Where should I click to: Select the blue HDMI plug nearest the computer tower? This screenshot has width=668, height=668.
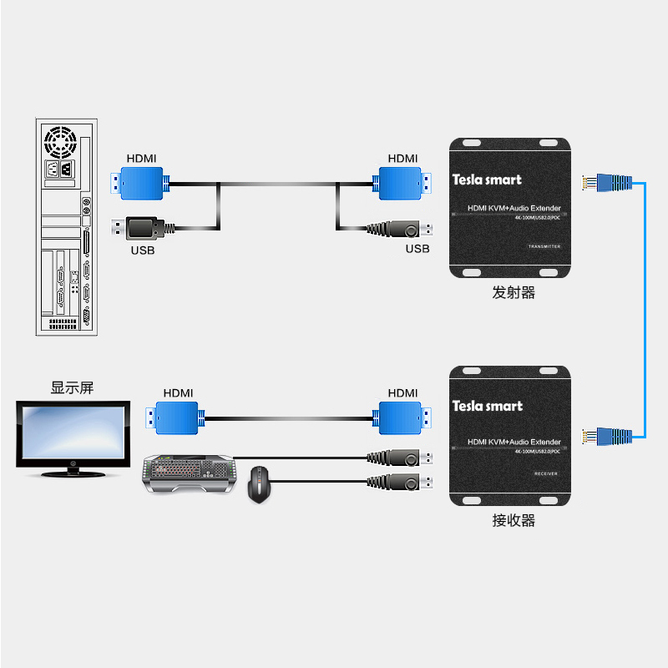point(141,183)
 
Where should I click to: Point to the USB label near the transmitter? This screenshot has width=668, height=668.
point(417,249)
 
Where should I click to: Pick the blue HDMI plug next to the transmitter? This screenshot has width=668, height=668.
point(404,183)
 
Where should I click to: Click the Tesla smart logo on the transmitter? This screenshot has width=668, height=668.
point(486,179)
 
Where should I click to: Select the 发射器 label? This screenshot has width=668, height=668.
point(513,293)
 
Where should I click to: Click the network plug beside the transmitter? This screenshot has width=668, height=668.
point(607,182)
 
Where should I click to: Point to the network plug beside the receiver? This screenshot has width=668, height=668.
point(607,435)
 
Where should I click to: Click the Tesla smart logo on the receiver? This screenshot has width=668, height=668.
point(487,406)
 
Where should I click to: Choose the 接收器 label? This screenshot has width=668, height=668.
point(513,521)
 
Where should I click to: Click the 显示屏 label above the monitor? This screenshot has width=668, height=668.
point(73,388)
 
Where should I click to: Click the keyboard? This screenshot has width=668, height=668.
point(187,473)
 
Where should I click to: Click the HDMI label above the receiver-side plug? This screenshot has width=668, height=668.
point(402,392)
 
